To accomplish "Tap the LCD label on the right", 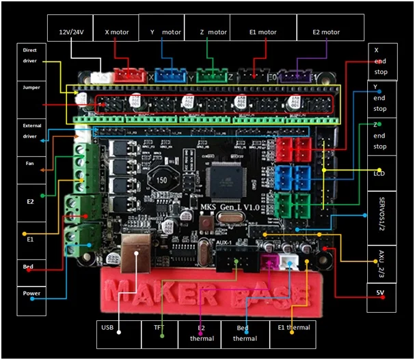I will [381, 173].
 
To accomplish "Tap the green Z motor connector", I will [209, 75].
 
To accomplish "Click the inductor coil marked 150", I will [163, 179].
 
